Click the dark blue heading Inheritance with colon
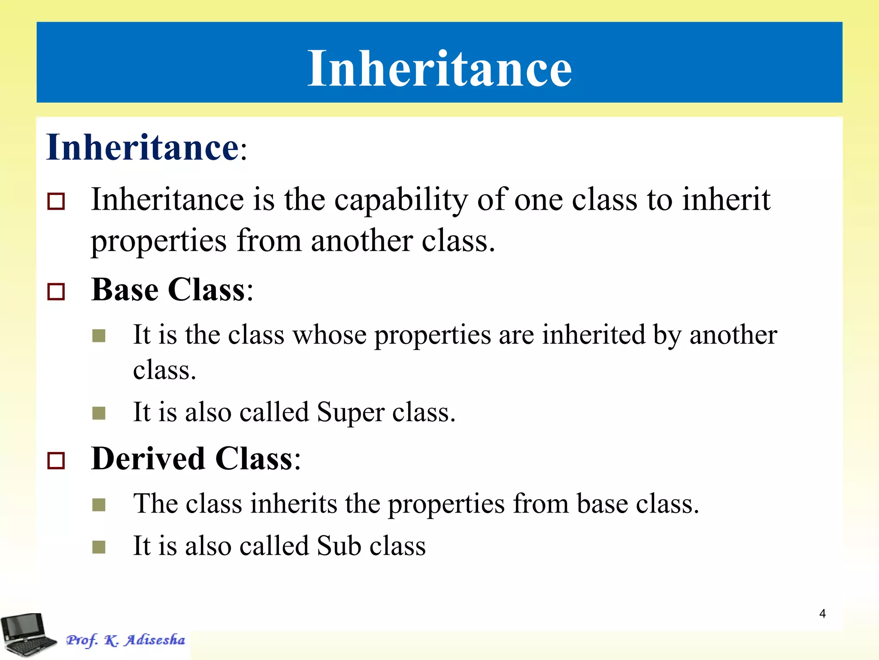tap(146, 147)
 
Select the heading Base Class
tap(172, 290)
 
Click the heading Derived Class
tap(195, 459)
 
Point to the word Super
tap(350, 412)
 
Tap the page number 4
tap(822, 614)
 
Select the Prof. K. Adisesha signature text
tap(125, 640)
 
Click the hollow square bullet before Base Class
tap(56, 292)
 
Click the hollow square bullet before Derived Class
tap(56, 461)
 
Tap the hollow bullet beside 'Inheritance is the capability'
tap(56, 201)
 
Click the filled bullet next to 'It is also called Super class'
tap(99, 413)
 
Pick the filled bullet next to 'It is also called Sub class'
tap(99, 547)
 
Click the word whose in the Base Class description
tap(330, 335)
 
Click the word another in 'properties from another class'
tap(361, 241)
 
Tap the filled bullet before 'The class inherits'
tap(99, 505)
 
